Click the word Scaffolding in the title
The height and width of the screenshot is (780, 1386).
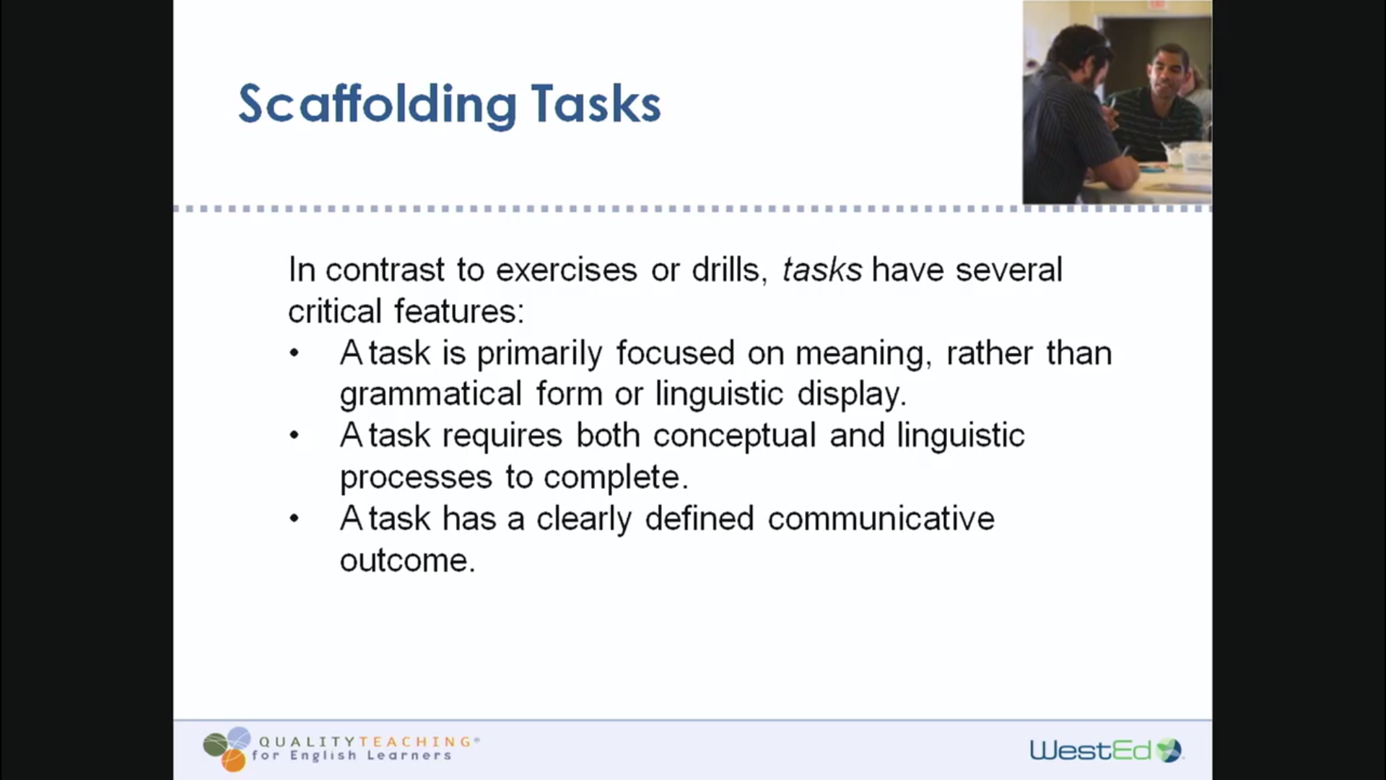378,105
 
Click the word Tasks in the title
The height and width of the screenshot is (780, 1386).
596,105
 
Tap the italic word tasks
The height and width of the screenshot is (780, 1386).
822,270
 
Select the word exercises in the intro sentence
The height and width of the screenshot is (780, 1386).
567,270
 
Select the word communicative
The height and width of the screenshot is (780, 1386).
881,519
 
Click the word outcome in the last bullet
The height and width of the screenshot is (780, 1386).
407,561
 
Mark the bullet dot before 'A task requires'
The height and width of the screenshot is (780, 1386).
294,435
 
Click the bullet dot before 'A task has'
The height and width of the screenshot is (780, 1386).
294,519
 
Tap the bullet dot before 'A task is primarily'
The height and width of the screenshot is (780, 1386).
294,354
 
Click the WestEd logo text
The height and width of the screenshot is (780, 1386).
1090,751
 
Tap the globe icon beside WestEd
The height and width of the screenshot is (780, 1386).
1169,750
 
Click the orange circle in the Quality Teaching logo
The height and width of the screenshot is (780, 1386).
233,760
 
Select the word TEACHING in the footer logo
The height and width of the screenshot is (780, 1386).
416,742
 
